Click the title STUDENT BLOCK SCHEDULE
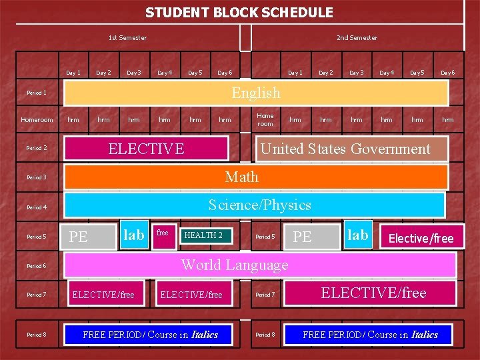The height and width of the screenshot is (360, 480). tap(239, 13)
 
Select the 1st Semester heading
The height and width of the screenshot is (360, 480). tap(127, 38)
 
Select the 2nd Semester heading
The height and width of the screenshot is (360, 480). tap(357, 38)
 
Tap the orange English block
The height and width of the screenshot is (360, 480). tap(255, 93)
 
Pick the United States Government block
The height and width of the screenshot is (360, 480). tap(345, 149)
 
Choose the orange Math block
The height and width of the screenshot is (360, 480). tap(256, 177)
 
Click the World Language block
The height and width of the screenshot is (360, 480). tap(260, 265)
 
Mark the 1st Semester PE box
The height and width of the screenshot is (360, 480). tap(90, 237)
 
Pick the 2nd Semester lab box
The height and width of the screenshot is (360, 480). tap(357, 235)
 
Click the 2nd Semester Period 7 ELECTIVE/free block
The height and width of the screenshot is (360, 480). tap(373, 293)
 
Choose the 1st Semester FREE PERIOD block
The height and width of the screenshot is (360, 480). tap(150, 335)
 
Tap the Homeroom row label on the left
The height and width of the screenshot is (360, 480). tap(37, 120)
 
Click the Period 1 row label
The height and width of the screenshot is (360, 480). tap(36, 93)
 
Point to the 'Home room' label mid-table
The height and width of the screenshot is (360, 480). tap(265, 119)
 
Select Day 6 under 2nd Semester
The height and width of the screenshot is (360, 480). tap(447, 73)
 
